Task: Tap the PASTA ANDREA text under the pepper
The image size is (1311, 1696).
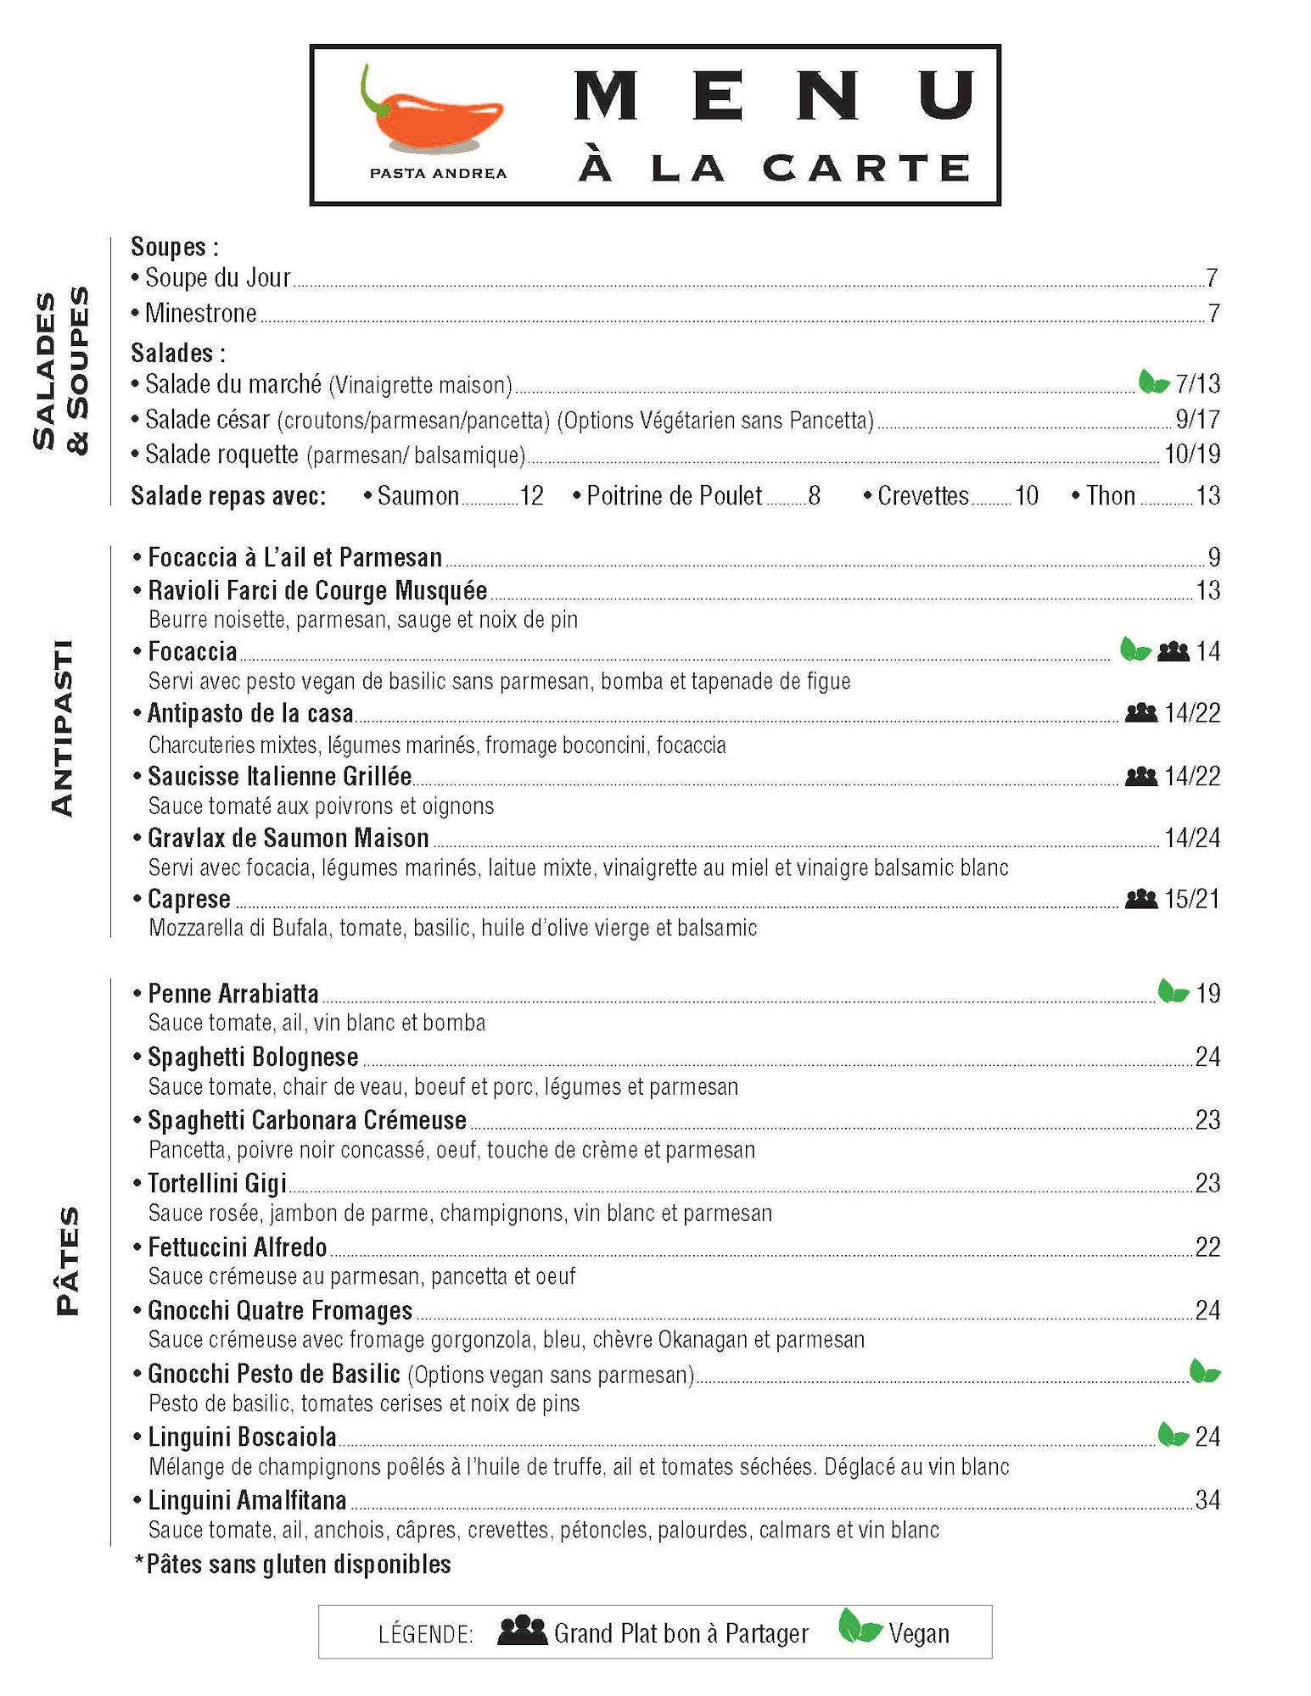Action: point(438,173)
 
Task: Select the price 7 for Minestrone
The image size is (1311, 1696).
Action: point(1213,314)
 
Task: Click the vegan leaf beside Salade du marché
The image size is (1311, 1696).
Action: point(1153,382)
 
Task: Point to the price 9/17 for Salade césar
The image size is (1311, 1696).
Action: point(1197,419)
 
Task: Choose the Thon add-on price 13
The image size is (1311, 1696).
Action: point(1207,495)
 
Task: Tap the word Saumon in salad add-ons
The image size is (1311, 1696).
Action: point(418,495)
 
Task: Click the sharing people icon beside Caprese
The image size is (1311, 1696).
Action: point(1140,898)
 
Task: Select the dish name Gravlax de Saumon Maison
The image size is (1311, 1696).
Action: point(289,838)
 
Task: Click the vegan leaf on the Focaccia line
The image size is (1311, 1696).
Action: point(1135,650)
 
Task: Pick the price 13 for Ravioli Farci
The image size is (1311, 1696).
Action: point(1207,590)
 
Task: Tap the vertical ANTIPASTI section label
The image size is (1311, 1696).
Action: point(63,728)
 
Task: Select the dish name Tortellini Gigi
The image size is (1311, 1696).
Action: point(217,1183)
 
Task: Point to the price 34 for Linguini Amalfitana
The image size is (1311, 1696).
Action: point(1207,1500)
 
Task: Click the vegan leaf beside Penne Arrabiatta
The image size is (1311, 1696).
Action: point(1173,991)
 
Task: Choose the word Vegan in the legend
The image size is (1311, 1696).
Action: point(919,1633)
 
